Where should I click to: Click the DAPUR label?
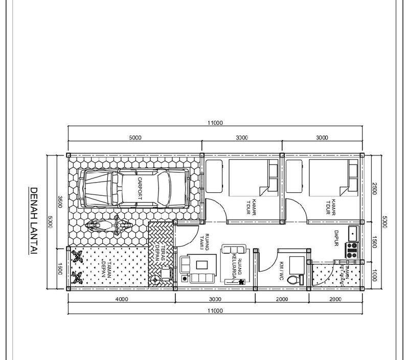pyautogui.click(x=337, y=237)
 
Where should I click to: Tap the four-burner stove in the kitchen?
pyautogui.click(x=352, y=250)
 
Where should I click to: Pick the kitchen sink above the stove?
pyautogui.click(x=352, y=233)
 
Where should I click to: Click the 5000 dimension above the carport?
pyautogui.click(x=135, y=138)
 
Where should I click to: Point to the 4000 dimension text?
pyautogui.click(x=121, y=299)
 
